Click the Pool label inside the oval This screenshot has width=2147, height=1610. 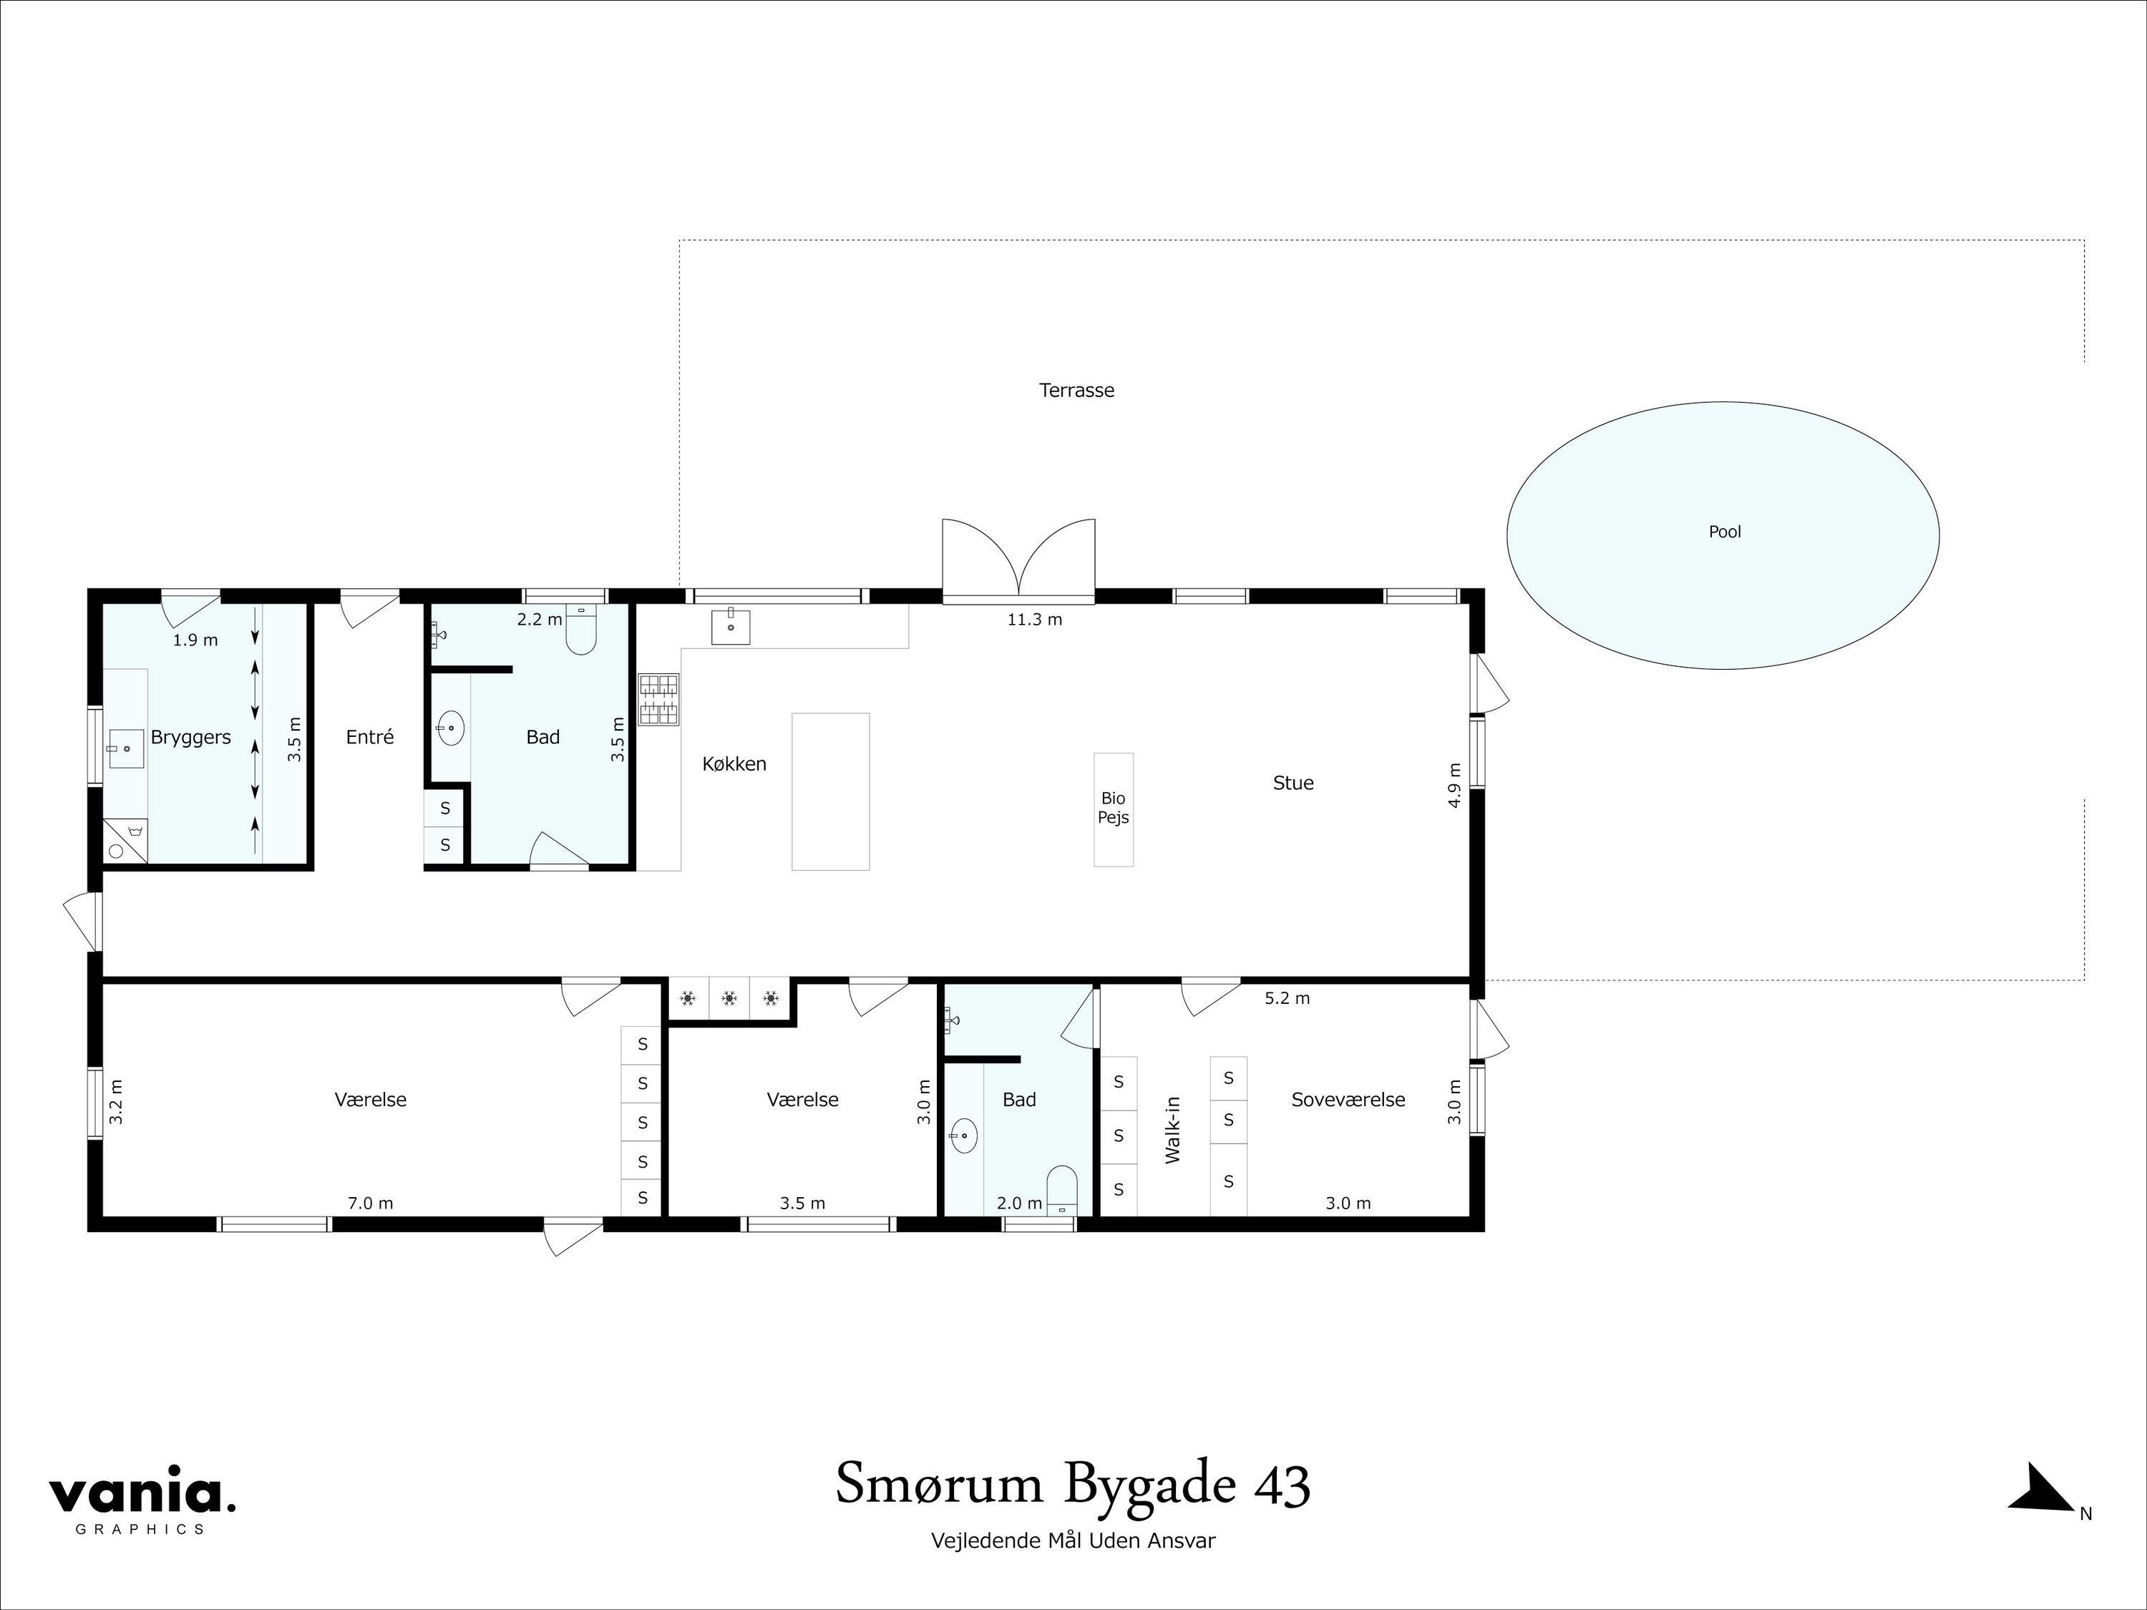[1724, 532]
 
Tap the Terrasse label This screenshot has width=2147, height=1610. [1076, 390]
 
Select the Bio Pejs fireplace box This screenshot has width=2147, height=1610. [1114, 809]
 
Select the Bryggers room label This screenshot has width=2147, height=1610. [190, 738]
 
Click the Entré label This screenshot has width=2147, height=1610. [370, 738]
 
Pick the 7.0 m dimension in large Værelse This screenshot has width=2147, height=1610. [371, 1204]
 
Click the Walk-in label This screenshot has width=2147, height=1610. [1172, 1130]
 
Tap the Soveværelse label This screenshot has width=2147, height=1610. [1348, 1100]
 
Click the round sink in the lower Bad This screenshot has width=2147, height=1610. [964, 1136]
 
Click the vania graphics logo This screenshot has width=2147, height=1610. [142, 1504]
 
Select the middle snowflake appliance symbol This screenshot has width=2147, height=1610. [729, 997]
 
